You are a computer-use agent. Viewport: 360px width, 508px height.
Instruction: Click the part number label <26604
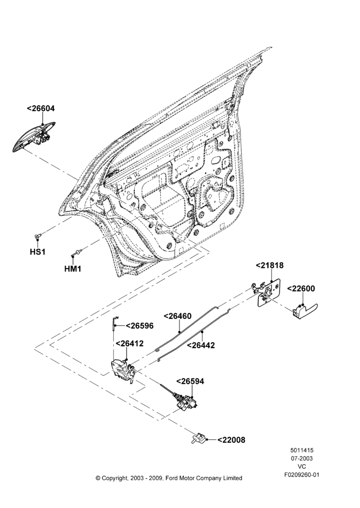[x=41, y=109]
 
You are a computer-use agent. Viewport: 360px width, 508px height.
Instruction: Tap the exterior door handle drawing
[x=34, y=136]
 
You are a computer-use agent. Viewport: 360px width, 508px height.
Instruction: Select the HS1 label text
[x=38, y=252]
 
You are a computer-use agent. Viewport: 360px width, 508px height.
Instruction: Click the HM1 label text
[x=73, y=269]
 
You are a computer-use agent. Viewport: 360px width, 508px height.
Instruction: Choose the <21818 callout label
[x=269, y=265]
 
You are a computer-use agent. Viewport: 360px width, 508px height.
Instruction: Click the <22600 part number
[x=301, y=289]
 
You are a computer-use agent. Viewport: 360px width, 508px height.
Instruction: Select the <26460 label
[x=177, y=316]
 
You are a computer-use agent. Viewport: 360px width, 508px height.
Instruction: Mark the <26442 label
[x=201, y=345]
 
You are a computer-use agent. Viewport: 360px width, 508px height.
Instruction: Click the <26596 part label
[x=139, y=326]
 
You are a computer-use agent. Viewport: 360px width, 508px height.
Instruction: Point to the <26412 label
[x=129, y=343]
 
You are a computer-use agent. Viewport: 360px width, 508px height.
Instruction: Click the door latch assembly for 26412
[x=124, y=371]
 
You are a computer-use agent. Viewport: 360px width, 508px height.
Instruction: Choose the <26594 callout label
[x=190, y=382]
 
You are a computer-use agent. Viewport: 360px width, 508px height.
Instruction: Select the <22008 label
[x=231, y=440]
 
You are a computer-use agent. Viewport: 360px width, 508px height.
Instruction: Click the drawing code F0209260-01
[x=302, y=475]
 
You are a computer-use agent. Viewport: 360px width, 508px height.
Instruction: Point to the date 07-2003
[x=302, y=458]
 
